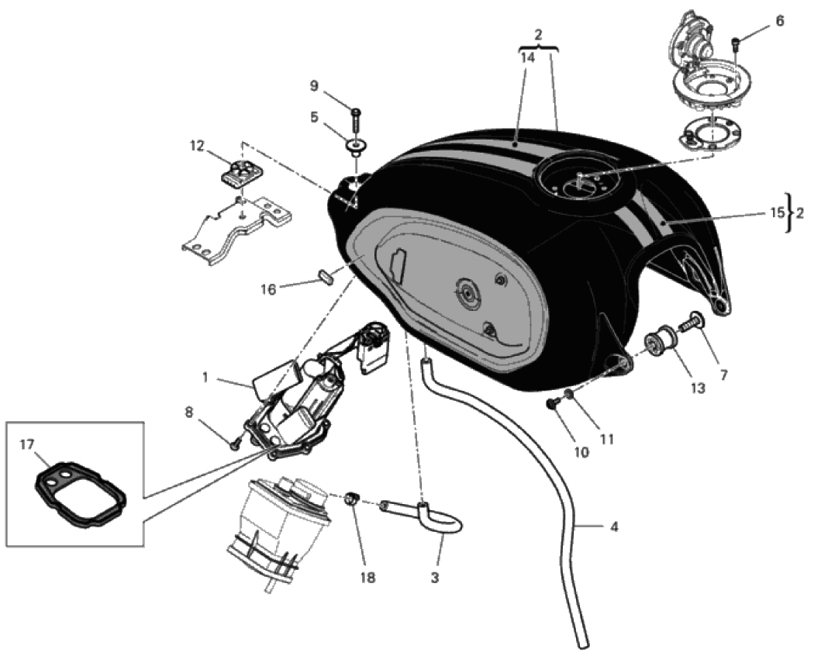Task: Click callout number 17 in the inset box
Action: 27,445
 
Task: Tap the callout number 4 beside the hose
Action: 614,527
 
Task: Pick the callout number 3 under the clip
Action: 435,577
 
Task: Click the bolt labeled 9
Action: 355,116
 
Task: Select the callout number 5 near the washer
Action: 314,117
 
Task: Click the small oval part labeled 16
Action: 326,277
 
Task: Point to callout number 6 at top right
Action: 779,21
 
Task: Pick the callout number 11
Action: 606,439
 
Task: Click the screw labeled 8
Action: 234,444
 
